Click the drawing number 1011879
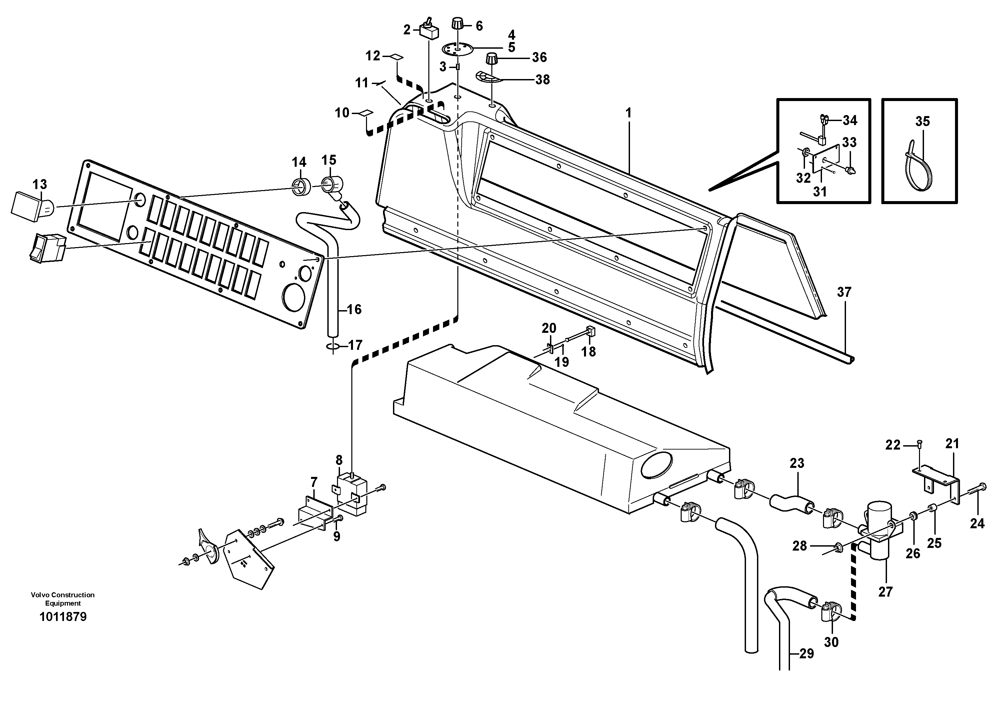63,617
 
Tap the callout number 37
844,292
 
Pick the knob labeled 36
492,58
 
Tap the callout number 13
40,184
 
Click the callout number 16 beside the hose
354,309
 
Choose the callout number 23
797,463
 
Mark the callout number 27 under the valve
885,592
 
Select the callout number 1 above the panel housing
628,113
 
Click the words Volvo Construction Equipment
63,599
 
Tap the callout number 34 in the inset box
849,121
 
